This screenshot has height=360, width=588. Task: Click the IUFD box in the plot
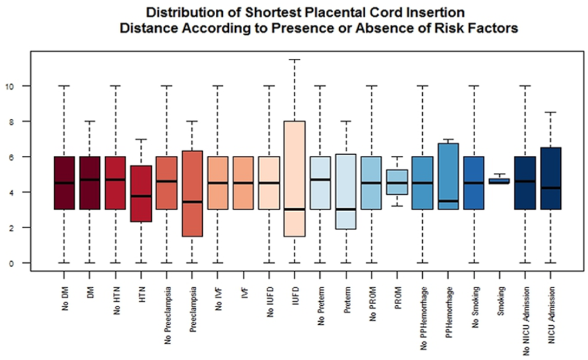(295, 178)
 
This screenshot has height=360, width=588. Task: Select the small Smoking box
(499, 181)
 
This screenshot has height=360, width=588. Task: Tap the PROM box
(397, 182)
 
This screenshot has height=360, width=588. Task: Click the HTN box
(141, 194)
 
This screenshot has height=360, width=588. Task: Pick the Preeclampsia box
(192, 194)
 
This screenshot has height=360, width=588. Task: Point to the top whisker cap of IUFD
(295, 59)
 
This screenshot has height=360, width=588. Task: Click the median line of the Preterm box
(346, 209)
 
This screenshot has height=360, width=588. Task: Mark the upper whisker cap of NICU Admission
(550, 112)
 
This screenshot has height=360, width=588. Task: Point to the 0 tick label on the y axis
(11, 264)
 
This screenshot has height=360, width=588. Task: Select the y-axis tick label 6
(11, 157)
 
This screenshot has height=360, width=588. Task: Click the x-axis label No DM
(65, 299)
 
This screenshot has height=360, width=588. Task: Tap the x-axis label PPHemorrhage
(449, 312)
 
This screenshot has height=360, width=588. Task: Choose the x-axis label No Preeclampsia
(167, 315)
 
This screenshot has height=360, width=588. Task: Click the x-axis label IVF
(244, 293)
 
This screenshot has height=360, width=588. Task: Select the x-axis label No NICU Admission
(526, 321)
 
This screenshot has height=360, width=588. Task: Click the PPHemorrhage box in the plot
(448, 176)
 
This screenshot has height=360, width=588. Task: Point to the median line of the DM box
(89, 179)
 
